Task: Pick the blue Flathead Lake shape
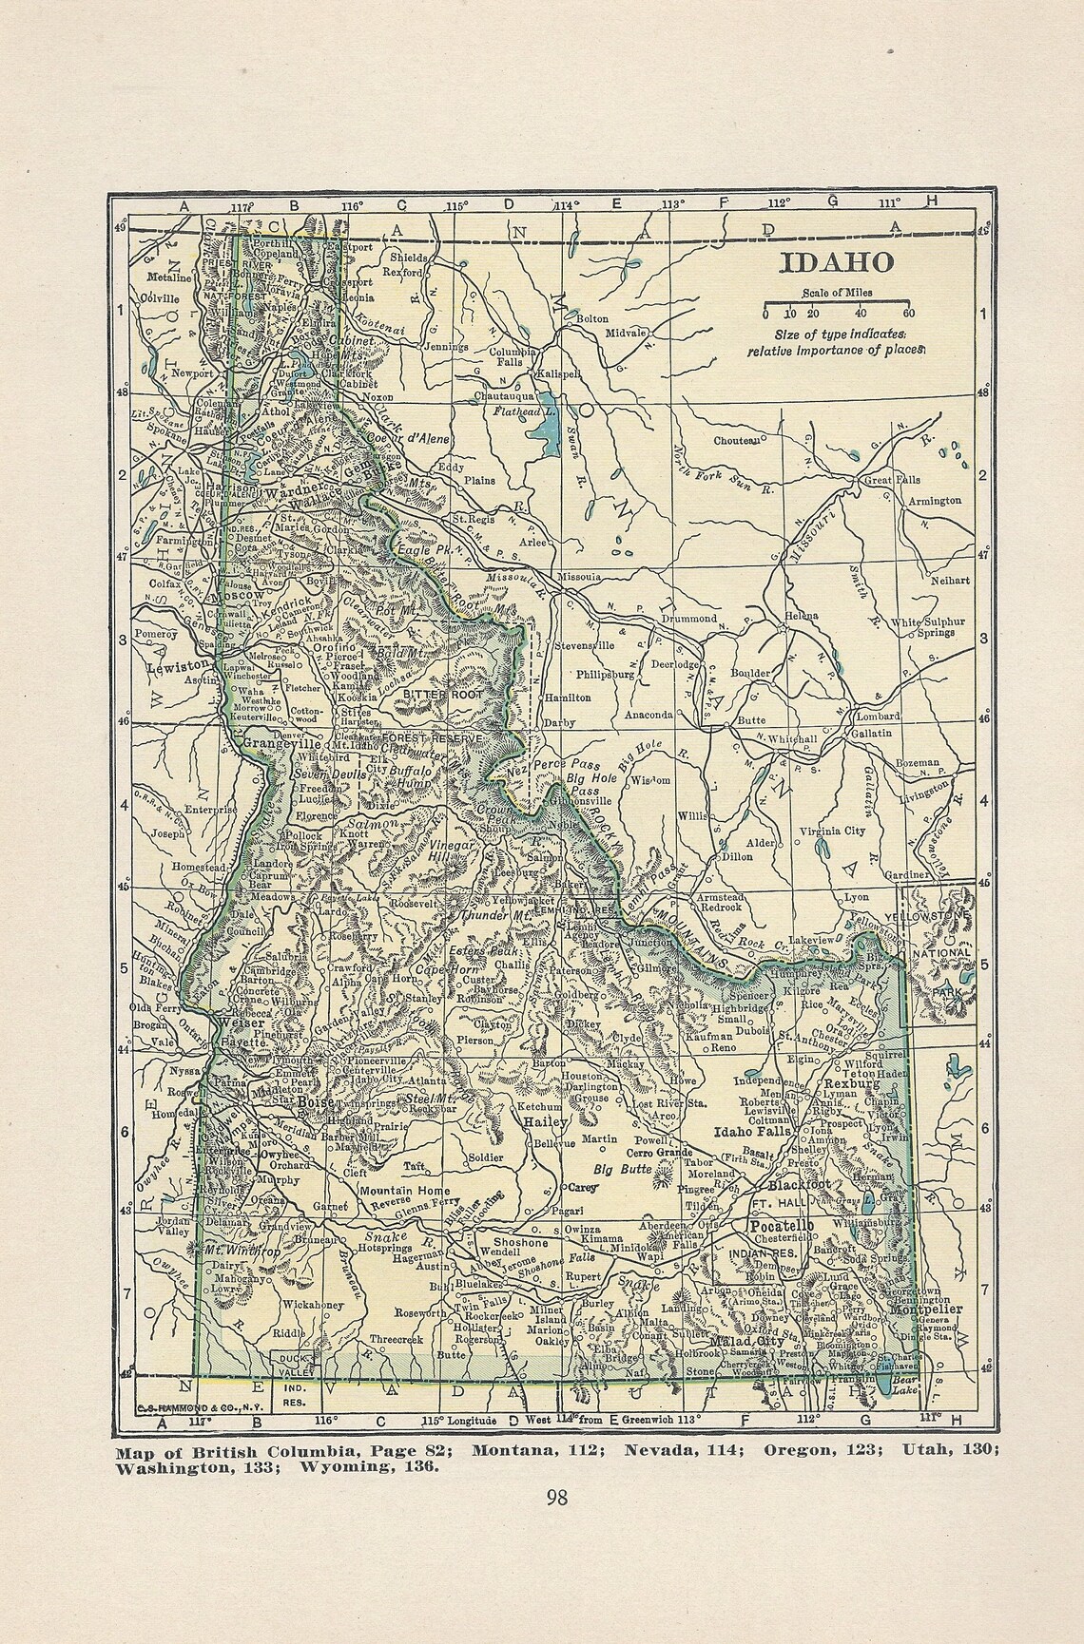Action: pyautogui.click(x=543, y=433)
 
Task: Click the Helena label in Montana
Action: pyautogui.click(x=801, y=615)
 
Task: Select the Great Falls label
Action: pyautogui.click(x=888, y=481)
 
